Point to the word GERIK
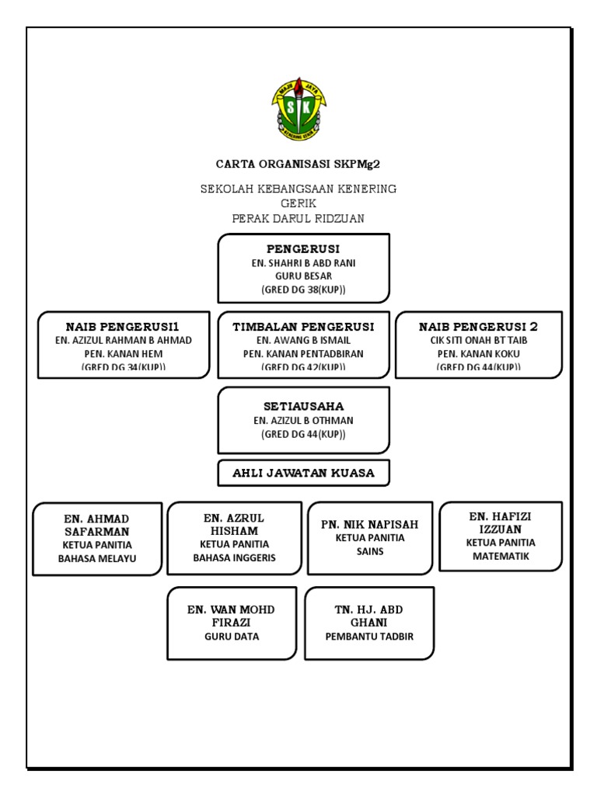pyautogui.click(x=298, y=203)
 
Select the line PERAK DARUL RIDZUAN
pyautogui.click(x=298, y=218)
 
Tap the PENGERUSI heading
pyautogui.click(x=303, y=250)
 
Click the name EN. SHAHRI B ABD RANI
pyautogui.click(x=303, y=263)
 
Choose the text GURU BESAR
pyautogui.click(x=303, y=276)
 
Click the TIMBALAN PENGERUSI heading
pyautogui.click(x=303, y=327)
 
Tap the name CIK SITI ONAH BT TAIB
pyautogui.click(x=479, y=340)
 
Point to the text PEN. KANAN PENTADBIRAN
pyautogui.click(x=303, y=353)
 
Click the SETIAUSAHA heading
pyautogui.click(x=303, y=406)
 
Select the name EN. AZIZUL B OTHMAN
pyautogui.click(x=303, y=420)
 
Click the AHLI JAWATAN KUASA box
pyautogui.click(x=303, y=473)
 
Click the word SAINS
pyautogui.click(x=370, y=552)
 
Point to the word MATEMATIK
pyautogui.click(x=501, y=556)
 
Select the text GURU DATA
pyautogui.click(x=231, y=637)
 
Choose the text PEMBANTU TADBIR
pyautogui.click(x=369, y=637)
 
